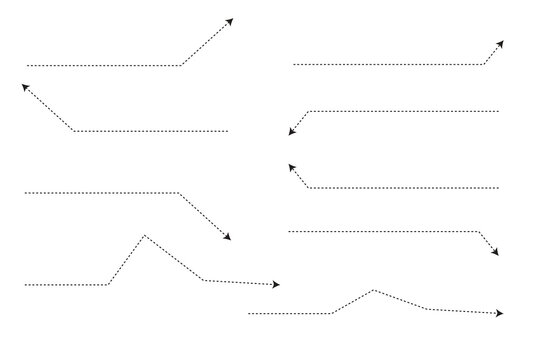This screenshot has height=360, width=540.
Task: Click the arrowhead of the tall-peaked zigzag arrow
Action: click(x=276, y=285)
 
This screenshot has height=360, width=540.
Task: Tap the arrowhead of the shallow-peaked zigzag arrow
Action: click(x=499, y=313)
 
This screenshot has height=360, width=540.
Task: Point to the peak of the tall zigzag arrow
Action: click(x=144, y=235)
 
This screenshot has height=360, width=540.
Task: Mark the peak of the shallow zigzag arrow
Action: click(x=374, y=290)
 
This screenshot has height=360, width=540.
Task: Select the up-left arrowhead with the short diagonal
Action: click(x=292, y=168)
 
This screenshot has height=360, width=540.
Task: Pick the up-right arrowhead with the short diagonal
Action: click(x=500, y=44)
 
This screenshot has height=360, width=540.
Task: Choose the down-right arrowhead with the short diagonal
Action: click(x=495, y=252)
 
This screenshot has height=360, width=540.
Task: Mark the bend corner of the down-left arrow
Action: click(x=310, y=111)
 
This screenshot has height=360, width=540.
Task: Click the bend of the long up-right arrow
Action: click(x=181, y=66)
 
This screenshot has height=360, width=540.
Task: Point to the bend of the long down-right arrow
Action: click(x=178, y=192)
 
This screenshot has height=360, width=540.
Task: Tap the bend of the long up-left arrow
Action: click(x=74, y=131)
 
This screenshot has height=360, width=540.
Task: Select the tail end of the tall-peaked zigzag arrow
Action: click(x=25, y=285)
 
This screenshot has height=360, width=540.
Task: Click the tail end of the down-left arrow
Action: click(x=498, y=111)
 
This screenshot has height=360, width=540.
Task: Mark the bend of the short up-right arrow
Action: click(x=484, y=65)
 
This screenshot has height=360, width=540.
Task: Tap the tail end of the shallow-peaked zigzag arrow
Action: click(x=249, y=313)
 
